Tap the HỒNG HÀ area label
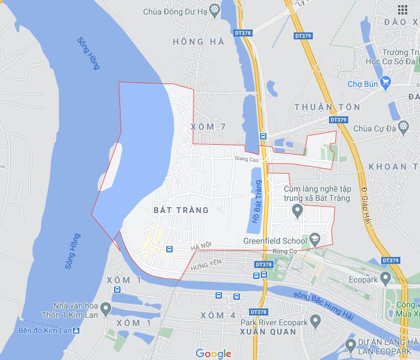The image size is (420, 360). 189,42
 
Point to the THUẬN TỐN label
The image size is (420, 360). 327,107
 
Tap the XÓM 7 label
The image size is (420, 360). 207,127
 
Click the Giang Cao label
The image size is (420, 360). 247,158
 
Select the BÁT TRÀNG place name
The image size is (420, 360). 181,210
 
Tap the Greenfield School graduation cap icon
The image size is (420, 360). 314,238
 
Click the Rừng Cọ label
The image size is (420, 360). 284,251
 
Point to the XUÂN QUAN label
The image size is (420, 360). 268,332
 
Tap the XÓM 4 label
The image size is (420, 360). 218,315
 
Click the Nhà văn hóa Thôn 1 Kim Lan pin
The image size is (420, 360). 105,307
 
